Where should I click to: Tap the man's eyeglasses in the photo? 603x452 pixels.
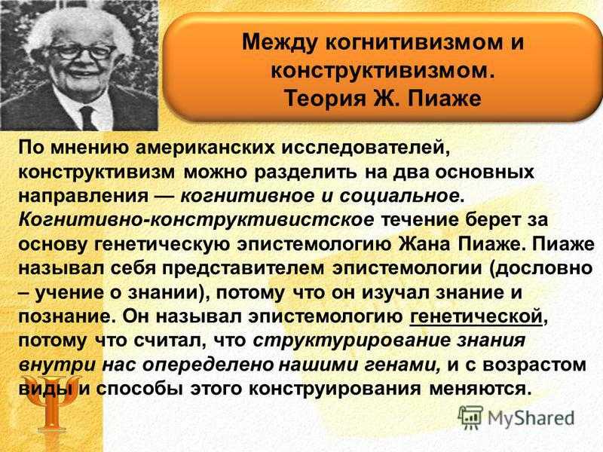coord(83,52)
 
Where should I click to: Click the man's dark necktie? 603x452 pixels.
coord(87,118)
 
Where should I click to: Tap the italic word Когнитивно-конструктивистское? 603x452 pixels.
coord(196,220)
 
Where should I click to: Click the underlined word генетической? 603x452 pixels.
coord(476,316)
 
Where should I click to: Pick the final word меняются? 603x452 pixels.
coord(480,389)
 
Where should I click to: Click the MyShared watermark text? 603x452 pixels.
coord(531,418)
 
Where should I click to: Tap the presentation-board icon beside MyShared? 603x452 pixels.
coord(470,417)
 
